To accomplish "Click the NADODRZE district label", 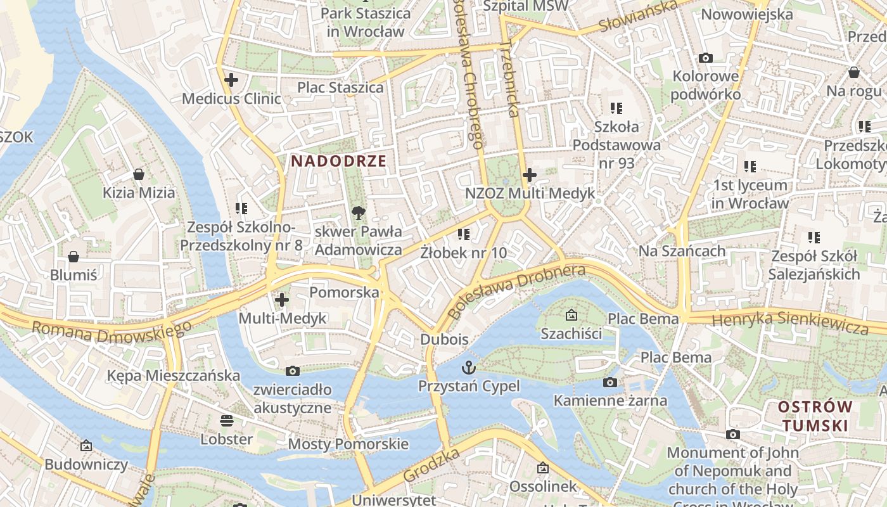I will coord(338,161).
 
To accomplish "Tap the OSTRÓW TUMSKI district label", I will coord(815,416).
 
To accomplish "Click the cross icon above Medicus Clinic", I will coord(231,80).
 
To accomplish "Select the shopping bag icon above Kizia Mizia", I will coord(139,174).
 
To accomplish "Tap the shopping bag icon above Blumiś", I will coord(73,256).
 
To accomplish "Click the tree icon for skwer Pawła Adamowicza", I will coord(359,212).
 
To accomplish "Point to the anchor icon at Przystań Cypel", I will coord(469,367).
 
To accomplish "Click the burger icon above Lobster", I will coord(226,420).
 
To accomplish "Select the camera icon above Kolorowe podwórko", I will coord(705,58).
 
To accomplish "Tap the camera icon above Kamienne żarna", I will coord(610,382).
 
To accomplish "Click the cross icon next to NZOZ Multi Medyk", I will coord(530,175).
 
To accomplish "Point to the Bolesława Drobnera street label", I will coord(516,292).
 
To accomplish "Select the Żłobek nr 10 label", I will coord(464,253).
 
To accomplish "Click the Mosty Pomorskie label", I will coord(348,444).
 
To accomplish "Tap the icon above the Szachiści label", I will coord(571,314).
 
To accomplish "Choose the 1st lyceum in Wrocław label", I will coord(750,194).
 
